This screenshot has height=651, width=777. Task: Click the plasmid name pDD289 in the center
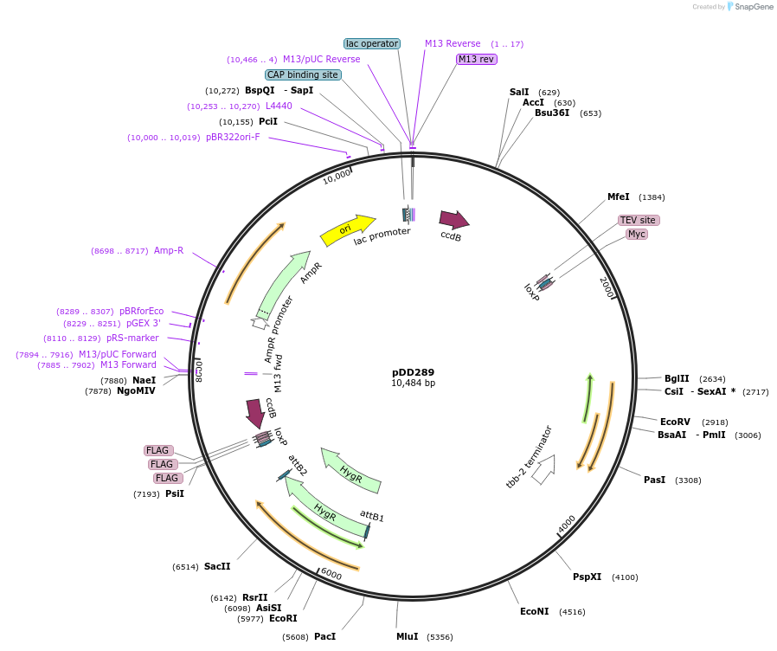(413, 372)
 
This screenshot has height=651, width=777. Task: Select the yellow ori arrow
(347, 230)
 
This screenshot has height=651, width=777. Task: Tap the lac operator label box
(372, 43)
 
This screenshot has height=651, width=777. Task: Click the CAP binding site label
(302, 74)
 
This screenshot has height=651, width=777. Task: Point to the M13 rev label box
(477, 59)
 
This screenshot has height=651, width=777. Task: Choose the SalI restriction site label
(519, 92)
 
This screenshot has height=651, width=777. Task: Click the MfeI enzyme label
(619, 197)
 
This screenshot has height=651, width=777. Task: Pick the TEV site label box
(639, 220)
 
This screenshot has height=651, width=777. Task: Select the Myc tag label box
(637, 234)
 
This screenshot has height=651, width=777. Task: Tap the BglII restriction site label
(677, 378)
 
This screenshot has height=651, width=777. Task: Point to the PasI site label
(655, 480)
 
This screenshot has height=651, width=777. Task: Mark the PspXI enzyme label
(587, 577)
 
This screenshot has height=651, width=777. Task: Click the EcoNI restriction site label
(534, 611)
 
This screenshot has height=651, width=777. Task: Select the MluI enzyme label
(407, 636)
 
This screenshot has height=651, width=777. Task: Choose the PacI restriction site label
(324, 636)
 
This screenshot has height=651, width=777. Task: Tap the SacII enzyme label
(217, 566)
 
